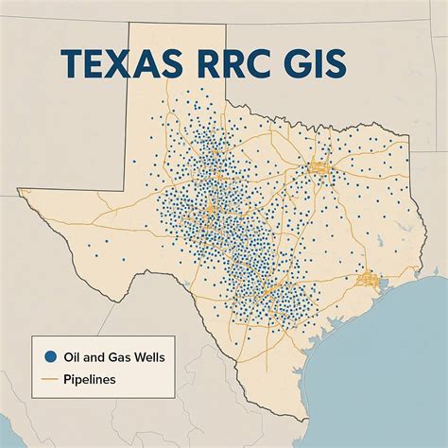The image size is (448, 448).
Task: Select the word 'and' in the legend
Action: (93, 357)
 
